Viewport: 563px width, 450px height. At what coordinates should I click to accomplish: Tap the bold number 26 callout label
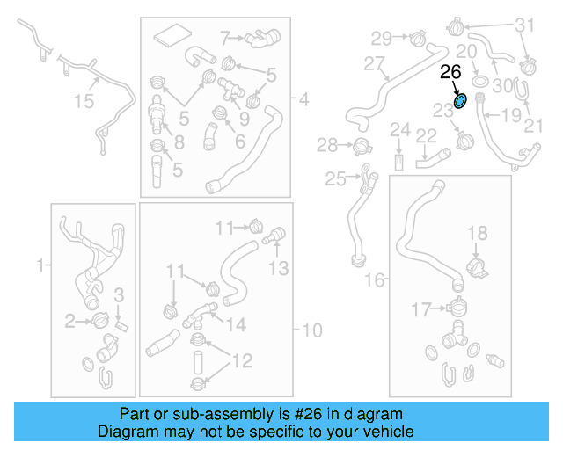[x=450, y=72]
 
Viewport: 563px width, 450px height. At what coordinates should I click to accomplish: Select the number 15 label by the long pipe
[x=84, y=101]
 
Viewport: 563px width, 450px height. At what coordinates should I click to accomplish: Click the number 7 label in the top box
[x=225, y=38]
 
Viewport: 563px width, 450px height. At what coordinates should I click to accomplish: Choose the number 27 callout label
[x=374, y=64]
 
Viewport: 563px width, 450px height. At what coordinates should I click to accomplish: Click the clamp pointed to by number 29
[x=418, y=38]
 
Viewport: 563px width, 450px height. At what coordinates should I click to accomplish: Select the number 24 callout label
[x=400, y=129]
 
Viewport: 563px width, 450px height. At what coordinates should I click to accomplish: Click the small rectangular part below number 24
[x=398, y=163]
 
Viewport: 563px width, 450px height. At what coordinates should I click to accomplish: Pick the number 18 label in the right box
[x=478, y=233]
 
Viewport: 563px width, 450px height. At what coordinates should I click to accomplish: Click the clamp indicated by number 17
[x=457, y=307]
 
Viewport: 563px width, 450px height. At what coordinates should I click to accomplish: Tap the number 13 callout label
[x=279, y=268]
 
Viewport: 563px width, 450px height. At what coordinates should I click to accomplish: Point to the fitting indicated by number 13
[x=274, y=235]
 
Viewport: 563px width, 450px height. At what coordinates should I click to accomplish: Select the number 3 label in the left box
[x=119, y=295]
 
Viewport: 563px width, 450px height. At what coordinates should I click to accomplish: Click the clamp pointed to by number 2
[x=100, y=320]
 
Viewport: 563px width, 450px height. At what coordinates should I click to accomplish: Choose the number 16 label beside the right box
[x=375, y=279]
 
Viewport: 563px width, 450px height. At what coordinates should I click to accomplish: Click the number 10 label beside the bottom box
[x=312, y=330]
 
